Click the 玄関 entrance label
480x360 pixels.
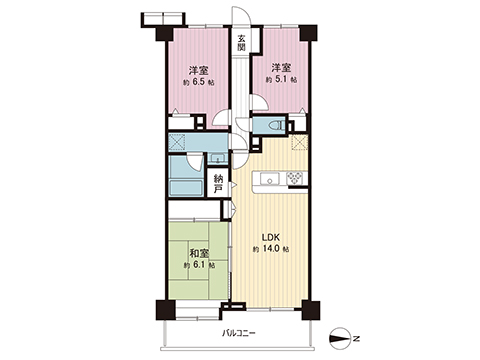(x=241, y=43)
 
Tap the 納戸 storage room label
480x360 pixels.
(x=218, y=183)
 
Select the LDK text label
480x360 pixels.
(x=270, y=237)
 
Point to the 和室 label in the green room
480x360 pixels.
(x=199, y=254)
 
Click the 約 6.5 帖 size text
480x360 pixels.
(x=199, y=82)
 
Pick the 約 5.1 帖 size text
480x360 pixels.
(x=281, y=80)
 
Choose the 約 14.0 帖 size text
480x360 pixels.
(x=271, y=249)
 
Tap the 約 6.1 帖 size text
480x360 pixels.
(x=199, y=265)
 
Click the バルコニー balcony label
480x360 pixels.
(x=238, y=333)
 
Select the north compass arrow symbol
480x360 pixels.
(x=340, y=339)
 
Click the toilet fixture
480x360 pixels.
(x=276, y=126)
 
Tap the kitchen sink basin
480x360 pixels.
(x=269, y=179)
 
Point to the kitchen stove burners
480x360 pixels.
(x=295, y=178)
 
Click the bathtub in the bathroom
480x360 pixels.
(x=186, y=188)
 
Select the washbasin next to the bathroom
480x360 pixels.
(x=218, y=158)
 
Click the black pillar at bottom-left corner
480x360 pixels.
(x=165, y=310)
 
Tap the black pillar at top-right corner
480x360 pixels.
(x=307, y=33)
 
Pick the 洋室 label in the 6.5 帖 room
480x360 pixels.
(x=199, y=71)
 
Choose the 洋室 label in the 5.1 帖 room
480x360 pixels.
(x=281, y=68)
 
